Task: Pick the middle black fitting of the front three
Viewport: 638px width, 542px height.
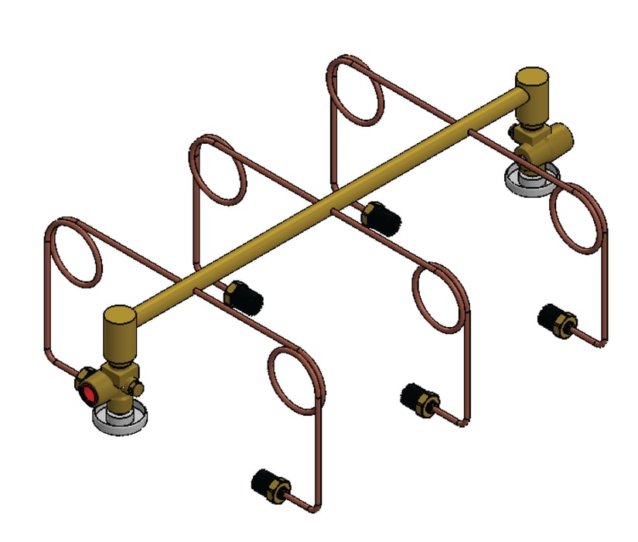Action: tap(418, 396)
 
